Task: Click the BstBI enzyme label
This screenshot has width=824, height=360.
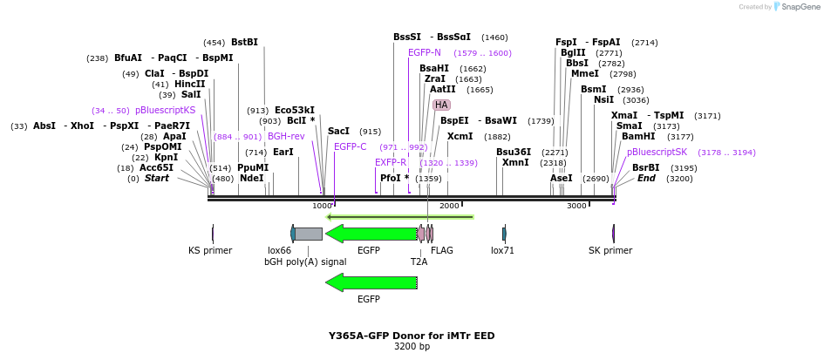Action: point(244,42)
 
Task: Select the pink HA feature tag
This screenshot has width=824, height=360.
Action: point(441,105)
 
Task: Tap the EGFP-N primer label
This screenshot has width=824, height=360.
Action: point(425,53)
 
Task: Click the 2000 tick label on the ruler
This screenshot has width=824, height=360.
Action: point(449,206)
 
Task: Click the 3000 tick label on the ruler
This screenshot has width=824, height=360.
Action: point(576,206)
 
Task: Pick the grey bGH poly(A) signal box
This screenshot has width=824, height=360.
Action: point(308,234)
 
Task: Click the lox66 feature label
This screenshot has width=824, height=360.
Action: point(279,250)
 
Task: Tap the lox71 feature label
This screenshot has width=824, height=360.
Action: point(503,250)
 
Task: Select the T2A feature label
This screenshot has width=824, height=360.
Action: point(419,261)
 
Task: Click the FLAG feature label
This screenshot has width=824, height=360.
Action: point(442,250)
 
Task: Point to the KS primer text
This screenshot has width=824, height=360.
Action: point(210,250)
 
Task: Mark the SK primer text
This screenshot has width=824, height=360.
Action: point(610,250)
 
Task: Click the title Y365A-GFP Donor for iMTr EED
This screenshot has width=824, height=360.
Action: point(412,335)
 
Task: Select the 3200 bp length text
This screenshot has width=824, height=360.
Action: point(412,347)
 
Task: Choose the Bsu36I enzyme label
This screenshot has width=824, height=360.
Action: point(513,152)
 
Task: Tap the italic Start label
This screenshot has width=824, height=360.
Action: point(157,178)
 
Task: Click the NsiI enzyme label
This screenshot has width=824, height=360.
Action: point(603,99)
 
